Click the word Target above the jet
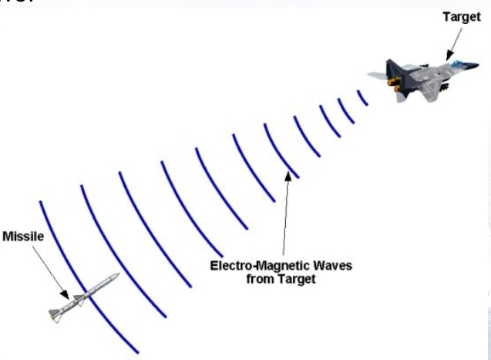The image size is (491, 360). [462, 17]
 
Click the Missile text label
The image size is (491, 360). [24, 236]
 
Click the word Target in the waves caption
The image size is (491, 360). [298, 279]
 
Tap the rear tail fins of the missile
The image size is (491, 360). [54, 312]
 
